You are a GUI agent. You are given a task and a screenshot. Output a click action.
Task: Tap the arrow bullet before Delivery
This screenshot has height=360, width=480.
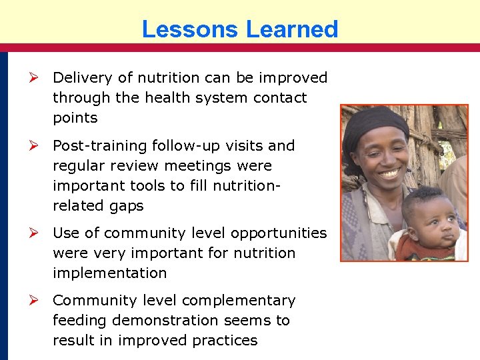[39, 77]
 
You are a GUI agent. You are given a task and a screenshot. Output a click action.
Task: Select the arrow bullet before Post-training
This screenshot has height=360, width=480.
[39, 145]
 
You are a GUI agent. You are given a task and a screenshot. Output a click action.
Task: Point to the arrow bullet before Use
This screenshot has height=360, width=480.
[39, 233]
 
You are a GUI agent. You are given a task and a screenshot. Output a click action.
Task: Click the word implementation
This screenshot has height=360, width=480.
[111, 273]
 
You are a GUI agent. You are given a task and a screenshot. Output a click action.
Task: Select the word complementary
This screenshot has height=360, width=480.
[238, 301]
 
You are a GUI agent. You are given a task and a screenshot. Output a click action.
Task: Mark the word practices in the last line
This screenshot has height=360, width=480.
[224, 340]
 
